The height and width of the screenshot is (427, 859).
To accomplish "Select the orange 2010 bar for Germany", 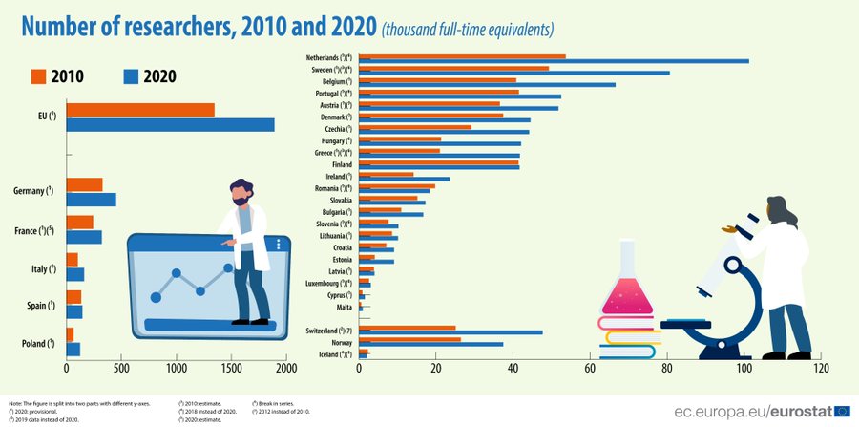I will [84, 184].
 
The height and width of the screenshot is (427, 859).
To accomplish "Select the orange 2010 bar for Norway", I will [409, 339].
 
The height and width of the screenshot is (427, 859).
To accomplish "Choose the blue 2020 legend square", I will [132, 76].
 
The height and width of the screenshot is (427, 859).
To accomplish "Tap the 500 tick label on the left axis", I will [121, 367].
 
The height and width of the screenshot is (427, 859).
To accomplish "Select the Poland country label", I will [34, 342].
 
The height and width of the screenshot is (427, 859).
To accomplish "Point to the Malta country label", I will [342, 308].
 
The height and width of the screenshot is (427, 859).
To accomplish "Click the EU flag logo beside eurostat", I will [842, 411].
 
